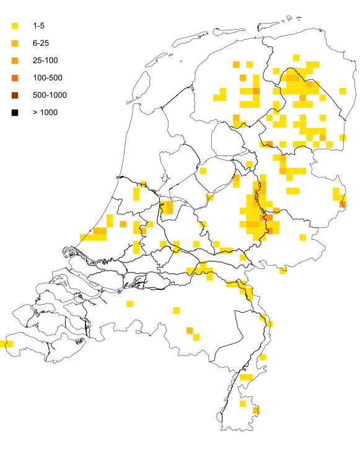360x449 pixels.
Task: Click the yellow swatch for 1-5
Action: coord(15,25)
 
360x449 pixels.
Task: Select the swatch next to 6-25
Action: coord(15,43)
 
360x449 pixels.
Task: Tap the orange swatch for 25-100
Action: coord(15,60)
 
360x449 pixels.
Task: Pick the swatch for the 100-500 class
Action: coord(15,77)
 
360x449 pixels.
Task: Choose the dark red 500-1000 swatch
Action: coord(15,95)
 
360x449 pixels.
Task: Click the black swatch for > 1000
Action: coord(15,112)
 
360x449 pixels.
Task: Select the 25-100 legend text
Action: coord(45,60)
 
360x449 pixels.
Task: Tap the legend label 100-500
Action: coord(48,77)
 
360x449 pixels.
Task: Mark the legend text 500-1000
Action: coord(50,95)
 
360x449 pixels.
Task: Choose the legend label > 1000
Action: coord(45,112)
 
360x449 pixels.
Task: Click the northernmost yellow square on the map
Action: coord(296,58)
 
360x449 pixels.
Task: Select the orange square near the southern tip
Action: coord(256,410)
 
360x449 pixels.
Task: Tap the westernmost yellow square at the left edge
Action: coord(3,343)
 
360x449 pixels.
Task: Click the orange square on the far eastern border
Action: coord(343,204)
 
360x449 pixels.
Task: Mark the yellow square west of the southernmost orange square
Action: coord(243,404)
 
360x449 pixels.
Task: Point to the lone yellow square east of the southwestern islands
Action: coord(129,303)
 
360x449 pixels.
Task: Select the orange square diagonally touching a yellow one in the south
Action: coord(189,331)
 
